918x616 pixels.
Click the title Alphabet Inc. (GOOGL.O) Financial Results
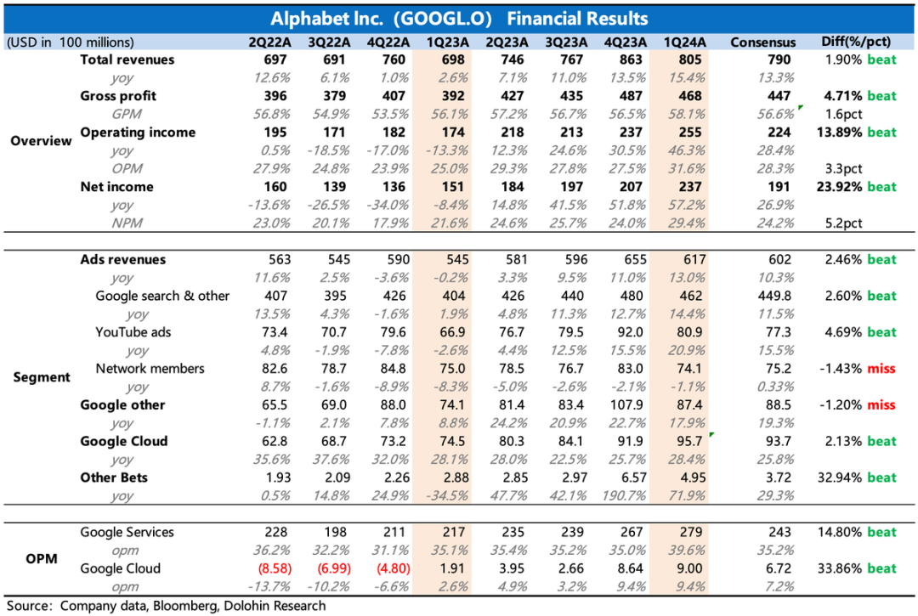(x=459, y=19)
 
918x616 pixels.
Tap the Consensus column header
(x=763, y=42)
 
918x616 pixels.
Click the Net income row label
(x=116, y=187)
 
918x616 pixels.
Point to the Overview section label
(x=41, y=141)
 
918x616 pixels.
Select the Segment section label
(x=41, y=377)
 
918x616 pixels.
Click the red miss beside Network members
(x=881, y=369)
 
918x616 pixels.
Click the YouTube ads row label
(x=133, y=332)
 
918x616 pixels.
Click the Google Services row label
(x=127, y=532)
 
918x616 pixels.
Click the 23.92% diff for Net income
(x=840, y=187)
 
